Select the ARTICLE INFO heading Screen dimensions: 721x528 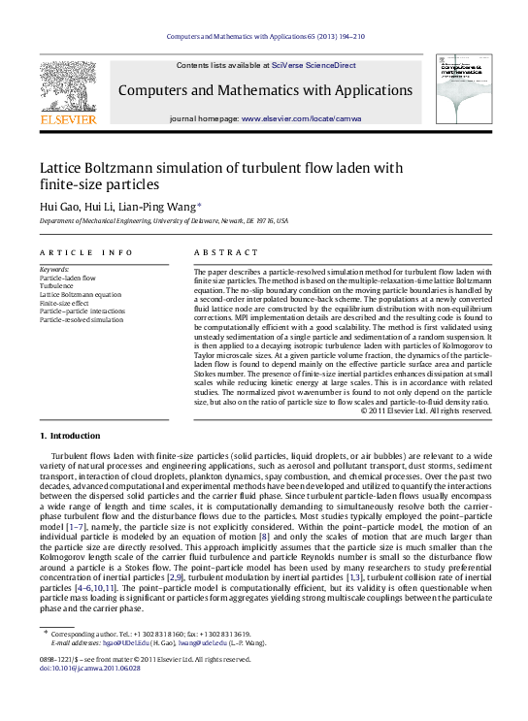coord(85,252)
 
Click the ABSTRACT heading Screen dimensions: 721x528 coord(218,252)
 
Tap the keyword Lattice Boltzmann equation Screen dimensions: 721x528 coord(81,294)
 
